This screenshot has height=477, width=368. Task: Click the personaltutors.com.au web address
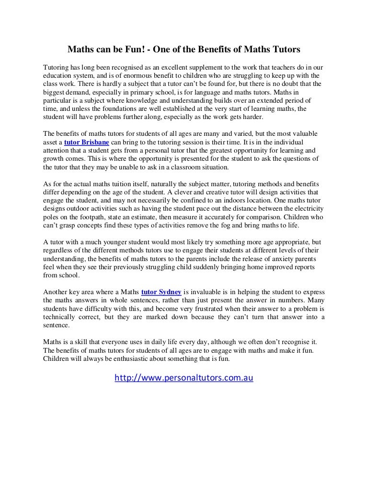[x=184, y=378]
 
